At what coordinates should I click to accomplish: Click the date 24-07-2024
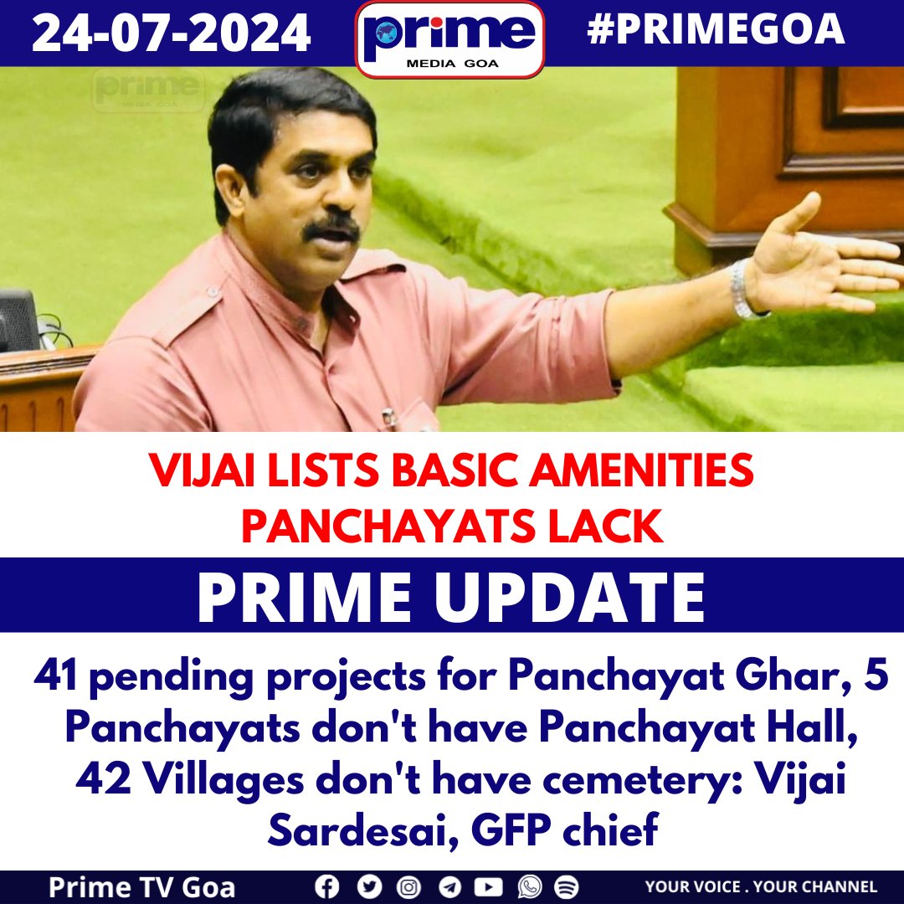point(172,33)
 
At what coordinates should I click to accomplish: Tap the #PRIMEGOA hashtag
point(716,31)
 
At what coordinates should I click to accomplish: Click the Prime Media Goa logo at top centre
point(450,39)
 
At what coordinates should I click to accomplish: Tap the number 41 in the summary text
point(56,677)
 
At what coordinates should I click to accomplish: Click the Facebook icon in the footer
point(327,886)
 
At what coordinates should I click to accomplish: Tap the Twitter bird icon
point(368,886)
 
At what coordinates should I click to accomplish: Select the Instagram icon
point(408,886)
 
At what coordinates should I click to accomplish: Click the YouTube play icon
point(488,886)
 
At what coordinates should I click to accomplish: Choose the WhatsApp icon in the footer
point(529,886)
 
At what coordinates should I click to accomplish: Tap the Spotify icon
point(567,886)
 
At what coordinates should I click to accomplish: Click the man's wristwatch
point(741,290)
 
